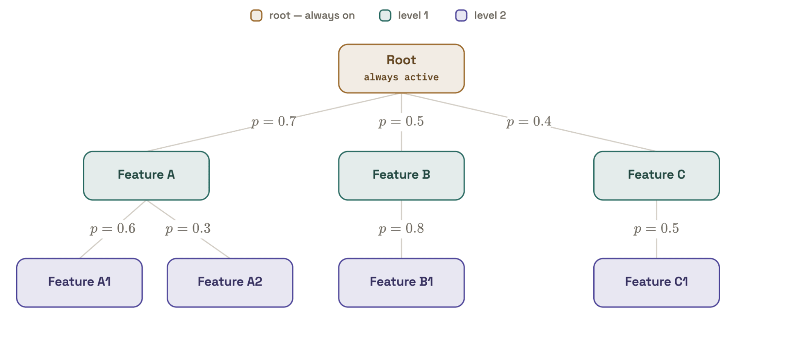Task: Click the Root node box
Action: pos(401,69)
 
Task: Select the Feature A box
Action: pos(146,176)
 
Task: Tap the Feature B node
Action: pos(401,176)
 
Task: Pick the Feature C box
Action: pos(656,176)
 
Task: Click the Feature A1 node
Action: pos(80,283)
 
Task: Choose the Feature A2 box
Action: pos(230,283)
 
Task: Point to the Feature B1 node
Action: pos(401,283)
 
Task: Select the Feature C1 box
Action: pos(656,283)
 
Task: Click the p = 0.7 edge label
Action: pos(274,121)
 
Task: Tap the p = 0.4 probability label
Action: pos(529,121)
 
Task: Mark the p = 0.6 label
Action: pos(112,229)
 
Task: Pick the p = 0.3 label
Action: pos(188,229)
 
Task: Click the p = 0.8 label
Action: pos(401,229)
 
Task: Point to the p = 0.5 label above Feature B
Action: pos(401,121)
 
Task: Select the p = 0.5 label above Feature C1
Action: pos(656,229)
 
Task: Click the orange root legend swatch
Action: pos(256,16)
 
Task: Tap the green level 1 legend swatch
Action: pos(385,16)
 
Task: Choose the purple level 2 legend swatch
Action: pos(461,16)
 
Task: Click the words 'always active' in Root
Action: pos(401,77)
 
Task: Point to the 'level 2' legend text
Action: pos(490,16)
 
